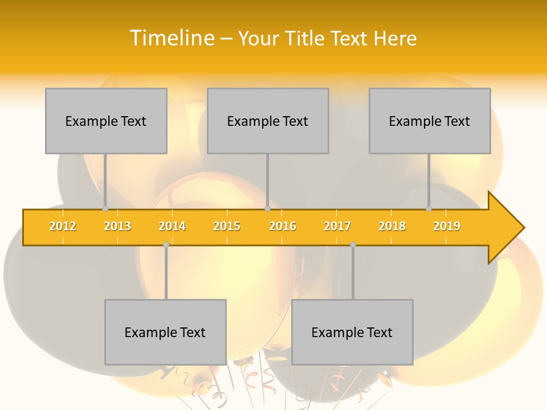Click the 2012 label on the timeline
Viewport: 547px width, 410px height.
(x=63, y=226)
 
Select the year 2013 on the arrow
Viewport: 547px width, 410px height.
(x=117, y=226)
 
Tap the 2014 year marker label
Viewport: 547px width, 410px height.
(x=172, y=226)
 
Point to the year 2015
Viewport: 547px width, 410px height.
(x=227, y=226)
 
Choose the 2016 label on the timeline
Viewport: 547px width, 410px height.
(x=283, y=226)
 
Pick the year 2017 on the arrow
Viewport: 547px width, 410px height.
(x=337, y=226)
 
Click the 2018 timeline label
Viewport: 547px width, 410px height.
(x=392, y=226)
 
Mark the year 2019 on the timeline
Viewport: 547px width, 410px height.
(x=447, y=226)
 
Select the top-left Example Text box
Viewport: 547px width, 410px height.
(x=106, y=121)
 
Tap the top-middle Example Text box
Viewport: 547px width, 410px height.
(x=268, y=121)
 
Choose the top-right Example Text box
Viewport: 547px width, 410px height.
(x=430, y=121)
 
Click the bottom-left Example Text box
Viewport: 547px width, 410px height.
(x=165, y=332)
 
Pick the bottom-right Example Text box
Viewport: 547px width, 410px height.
(x=352, y=332)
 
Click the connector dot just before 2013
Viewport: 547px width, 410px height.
(x=105, y=208)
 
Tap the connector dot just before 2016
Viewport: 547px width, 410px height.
(x=267, y=208)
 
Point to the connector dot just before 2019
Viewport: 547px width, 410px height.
(x=428, y=208)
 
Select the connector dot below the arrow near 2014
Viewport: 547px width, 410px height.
(x=166, y=244)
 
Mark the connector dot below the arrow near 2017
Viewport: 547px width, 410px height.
(x=353, y=244)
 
